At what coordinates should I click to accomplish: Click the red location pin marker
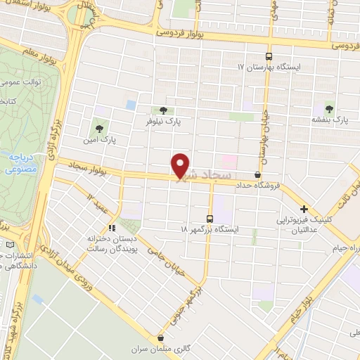[181, 166]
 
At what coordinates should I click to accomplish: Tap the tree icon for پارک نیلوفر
[163, 110]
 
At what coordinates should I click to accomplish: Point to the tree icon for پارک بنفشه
[328, 109]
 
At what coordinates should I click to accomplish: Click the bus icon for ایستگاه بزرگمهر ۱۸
[210, 218]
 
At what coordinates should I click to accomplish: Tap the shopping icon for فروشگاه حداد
[258, 173]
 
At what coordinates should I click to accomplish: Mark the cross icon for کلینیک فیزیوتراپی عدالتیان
[304, 209]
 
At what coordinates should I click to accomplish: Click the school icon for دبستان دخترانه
[111, 228]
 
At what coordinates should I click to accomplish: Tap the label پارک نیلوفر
[163, 122]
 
